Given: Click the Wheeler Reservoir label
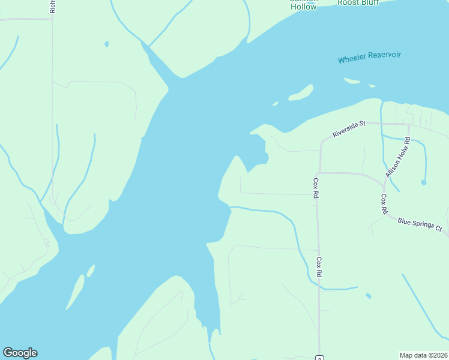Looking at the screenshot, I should (x=369, y=58).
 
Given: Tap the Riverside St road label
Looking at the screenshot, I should (x=349, y=128).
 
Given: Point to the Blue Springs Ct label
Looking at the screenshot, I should (x=420, y=225).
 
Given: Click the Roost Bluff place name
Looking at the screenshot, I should (x=358, y=2).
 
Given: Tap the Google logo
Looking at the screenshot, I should (x=20, y=353).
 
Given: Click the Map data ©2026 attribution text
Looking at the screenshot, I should (x=423, y=355).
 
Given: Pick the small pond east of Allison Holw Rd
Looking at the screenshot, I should (x=424, y=182).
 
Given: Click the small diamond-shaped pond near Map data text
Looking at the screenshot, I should (x=368, y=295).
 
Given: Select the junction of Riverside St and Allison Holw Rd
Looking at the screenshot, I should (x=409, y=125).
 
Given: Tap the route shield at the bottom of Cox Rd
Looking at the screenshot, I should (x=319, y=358).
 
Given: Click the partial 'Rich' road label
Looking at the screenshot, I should (x=53, y=6).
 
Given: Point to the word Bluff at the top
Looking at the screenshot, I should (x=369, y=2).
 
